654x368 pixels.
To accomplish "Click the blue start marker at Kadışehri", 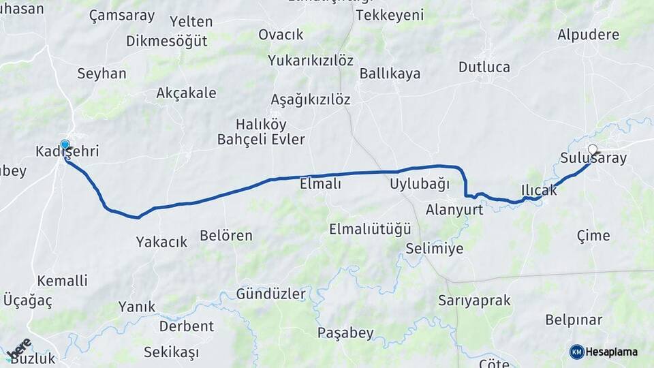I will [x=65, y=144].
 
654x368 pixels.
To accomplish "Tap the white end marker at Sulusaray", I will [x=593, y=149].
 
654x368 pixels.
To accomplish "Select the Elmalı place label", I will [x=320, y=183].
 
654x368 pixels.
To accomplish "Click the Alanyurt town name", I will [x=454, y=209].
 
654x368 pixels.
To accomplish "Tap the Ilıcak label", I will [x=539, y=190].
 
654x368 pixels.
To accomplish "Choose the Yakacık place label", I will [x=161, y=241].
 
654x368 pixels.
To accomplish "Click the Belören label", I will [x=226, y=236].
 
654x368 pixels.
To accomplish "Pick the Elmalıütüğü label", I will [x=370, y=229].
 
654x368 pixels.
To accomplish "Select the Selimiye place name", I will [x=434, y=249].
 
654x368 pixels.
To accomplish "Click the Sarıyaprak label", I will [x=474, y=301].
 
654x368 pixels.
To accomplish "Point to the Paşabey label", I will [x=345, y=333].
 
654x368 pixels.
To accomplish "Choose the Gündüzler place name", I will [x=271, y=294].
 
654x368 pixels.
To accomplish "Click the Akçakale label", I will [x=186, y=93].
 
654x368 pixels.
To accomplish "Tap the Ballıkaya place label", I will [x=390, y=74].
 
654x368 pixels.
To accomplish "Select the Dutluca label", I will [x=484, y=67].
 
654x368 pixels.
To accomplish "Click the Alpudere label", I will [x=589, y=34].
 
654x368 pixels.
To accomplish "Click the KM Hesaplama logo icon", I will [x=577, y=352].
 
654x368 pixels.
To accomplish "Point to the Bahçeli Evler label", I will [x=261, y=140].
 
